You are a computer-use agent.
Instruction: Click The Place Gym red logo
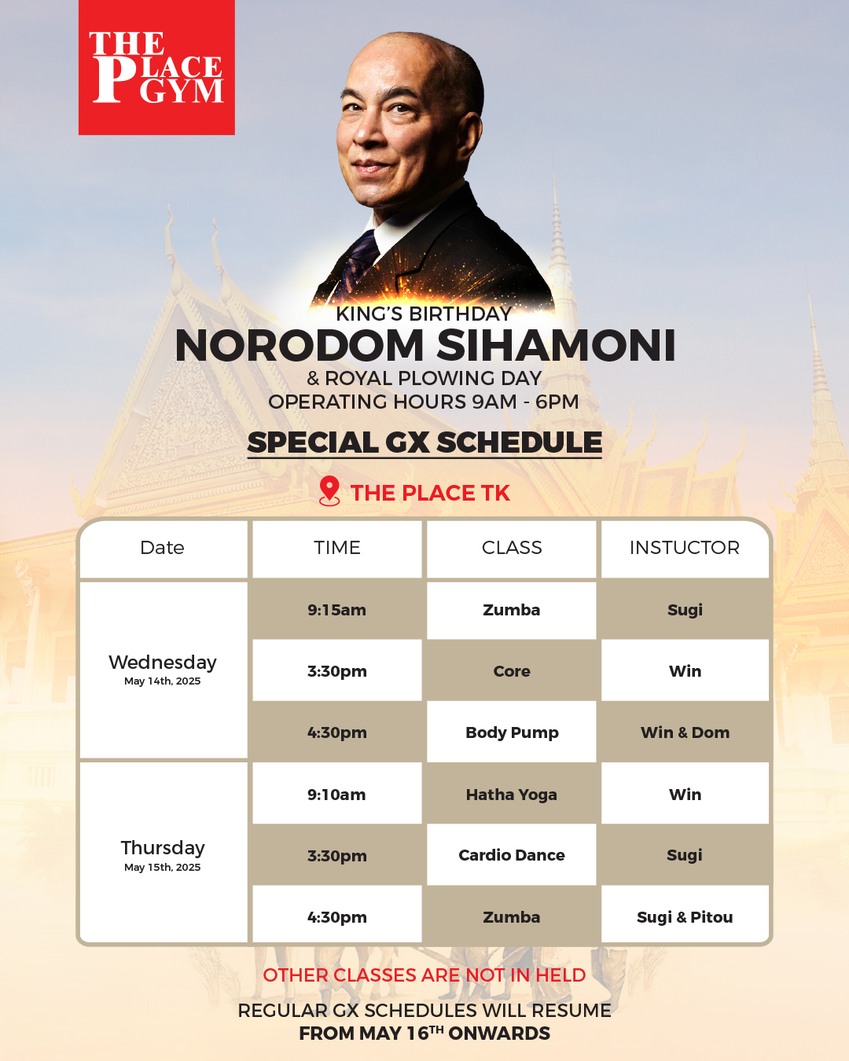pyautogui.click(x=156, y=67)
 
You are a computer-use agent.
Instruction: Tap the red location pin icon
pyautogui.click(x=329, y=491)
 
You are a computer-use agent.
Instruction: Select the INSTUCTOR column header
pyautogui.click(x=685, y=549)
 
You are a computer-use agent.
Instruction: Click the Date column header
pyautogui.click(x=163, y=549)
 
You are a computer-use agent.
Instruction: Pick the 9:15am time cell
pyautogui.click(x=337, y=611)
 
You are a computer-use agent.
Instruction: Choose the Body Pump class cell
pyautogui.click(x=512, y=732)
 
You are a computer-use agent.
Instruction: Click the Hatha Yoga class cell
pyautogui.click(x=512, y=795)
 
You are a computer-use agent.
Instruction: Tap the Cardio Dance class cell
pyautogui.click(x=512, y=855)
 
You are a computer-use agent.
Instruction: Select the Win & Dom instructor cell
pyautogui.click(x=685, y=732)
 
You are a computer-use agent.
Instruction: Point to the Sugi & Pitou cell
pyautogui.click(x=685, y=917)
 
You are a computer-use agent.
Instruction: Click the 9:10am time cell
pyautogui.click(x=337, y=795)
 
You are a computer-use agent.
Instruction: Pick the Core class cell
pyautogui.click(x=512, y=671)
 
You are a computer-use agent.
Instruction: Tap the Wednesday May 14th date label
pyautogui.click(x=163, y=669)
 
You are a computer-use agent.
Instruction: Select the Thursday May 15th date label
pyautogui.click(x=163, y=855)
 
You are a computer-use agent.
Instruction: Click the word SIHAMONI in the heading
pyautogui.click(x=556, y=345)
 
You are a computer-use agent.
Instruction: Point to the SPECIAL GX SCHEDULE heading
pyautogui.click(x=424, y=442)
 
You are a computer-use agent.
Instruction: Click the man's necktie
pyautogui.click(x=359, y=260)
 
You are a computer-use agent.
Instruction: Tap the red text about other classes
pyautogui.click(x=424, y=975)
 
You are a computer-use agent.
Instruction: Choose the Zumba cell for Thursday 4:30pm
pyautogui.click(x=512, y=917)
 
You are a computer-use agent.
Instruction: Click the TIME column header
pyautogui.click(x=337, y=549)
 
